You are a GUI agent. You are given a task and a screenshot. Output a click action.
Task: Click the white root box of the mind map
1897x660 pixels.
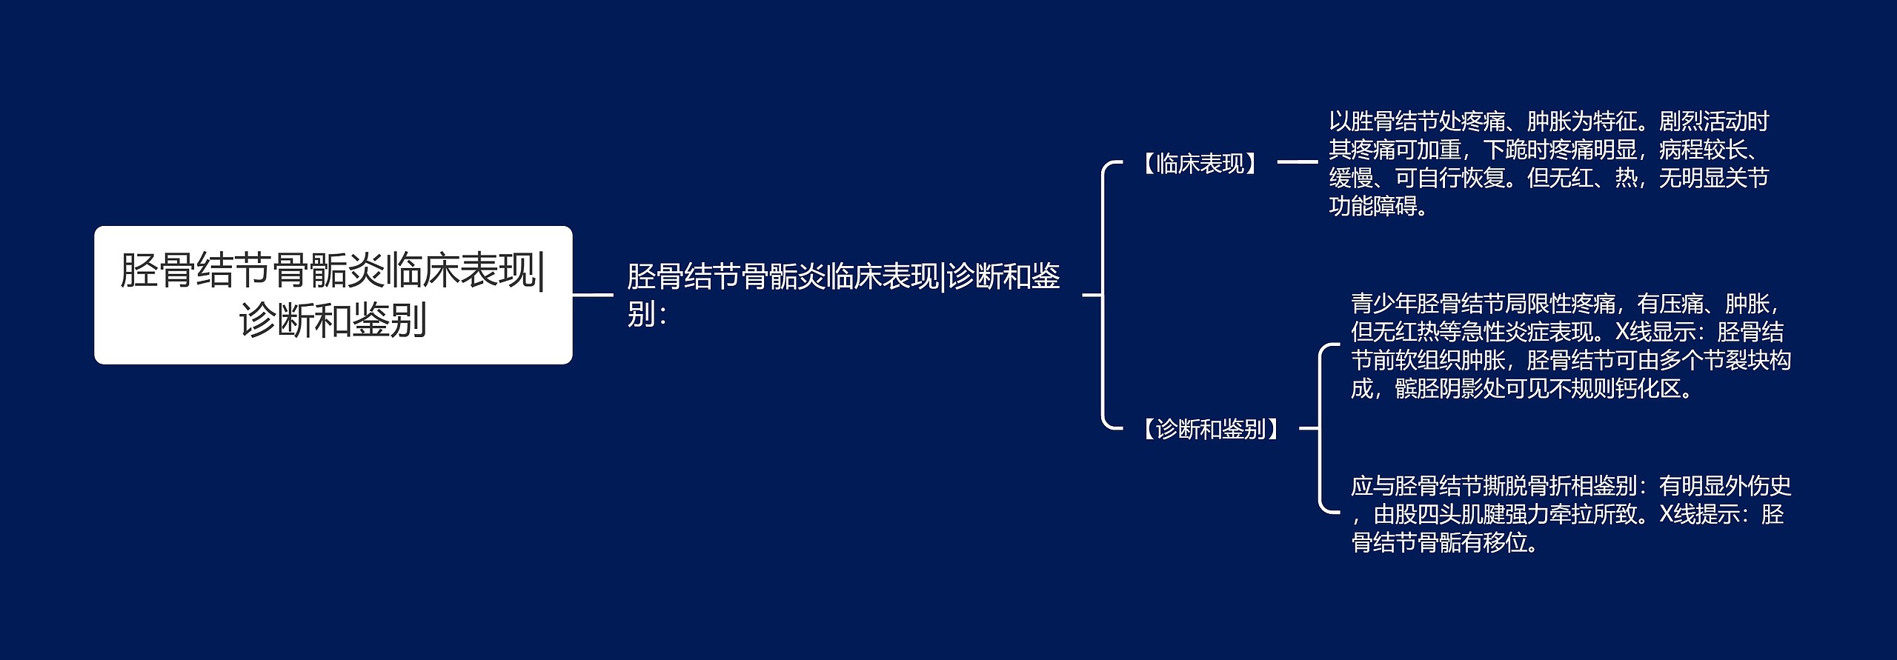333,295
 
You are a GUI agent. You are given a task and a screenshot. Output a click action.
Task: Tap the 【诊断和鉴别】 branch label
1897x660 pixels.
1211,429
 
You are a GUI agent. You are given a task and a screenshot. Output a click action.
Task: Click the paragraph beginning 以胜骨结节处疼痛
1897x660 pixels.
1549,164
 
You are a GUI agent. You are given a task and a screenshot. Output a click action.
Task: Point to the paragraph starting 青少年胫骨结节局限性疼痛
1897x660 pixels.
1571,346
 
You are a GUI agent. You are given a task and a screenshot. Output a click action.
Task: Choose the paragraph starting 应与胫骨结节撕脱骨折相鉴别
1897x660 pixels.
1571,515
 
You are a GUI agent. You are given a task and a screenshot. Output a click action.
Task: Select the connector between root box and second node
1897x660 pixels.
593,295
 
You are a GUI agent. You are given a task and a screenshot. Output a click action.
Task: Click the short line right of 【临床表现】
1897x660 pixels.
1297,161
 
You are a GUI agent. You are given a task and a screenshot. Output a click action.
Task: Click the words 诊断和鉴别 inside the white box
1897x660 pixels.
333,321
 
